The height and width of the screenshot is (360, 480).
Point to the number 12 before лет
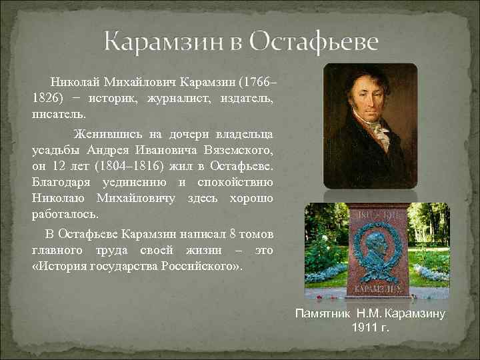pyautogui.click(x=67, y=165)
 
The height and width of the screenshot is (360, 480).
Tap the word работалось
pyautogui.click(x=65, y=215)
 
